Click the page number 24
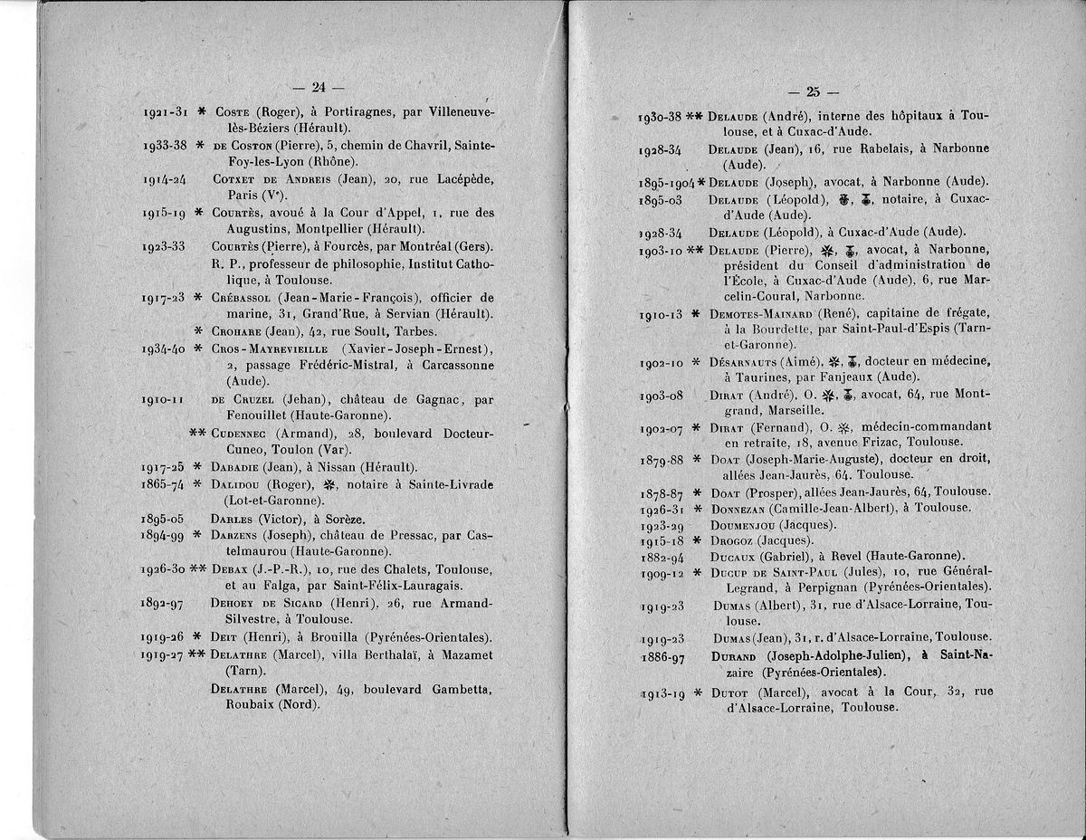click(x=318, y=88)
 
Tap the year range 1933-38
click(x=165, y=145)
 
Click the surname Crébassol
click(x=242, y=297)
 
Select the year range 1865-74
click(x=164, y=484)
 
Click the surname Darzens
click(x=237, y=535)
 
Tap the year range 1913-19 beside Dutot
click(x=662, y=692)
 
